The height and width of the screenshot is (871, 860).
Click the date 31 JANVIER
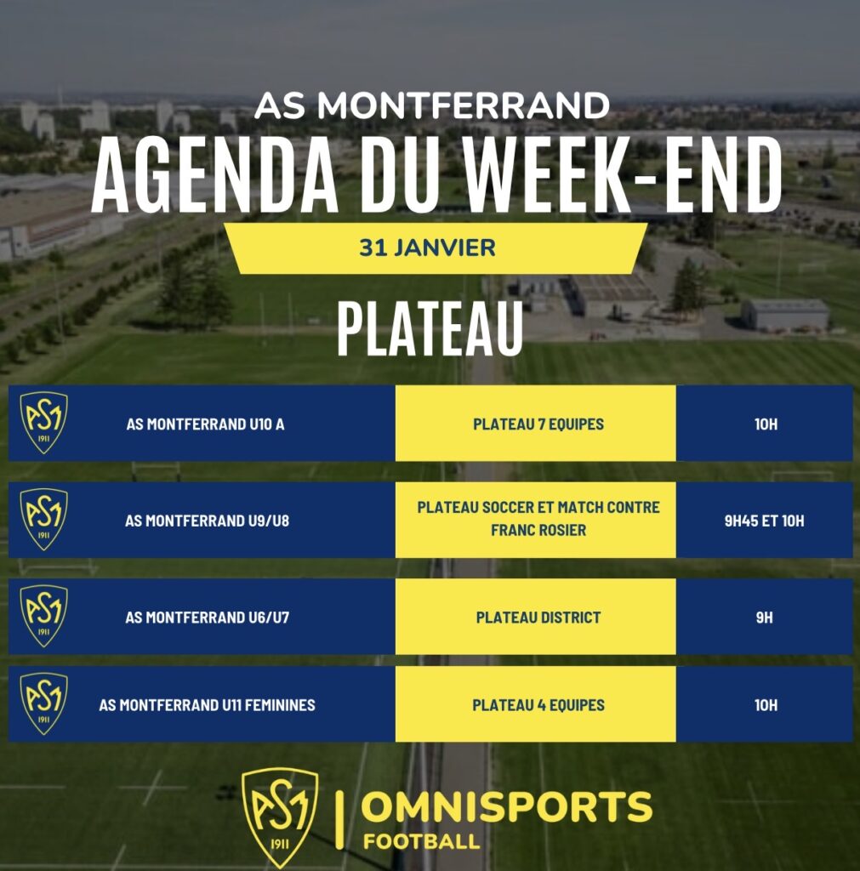pyautogui.click(x=427, y=248)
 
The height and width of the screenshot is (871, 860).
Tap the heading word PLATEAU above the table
pyautogui.click(x=430, y=329)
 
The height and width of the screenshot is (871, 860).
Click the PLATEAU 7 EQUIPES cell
pyautogui.click(x=538, y=424)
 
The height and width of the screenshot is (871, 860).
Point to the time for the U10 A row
pyautogui.click(x=766, y=424)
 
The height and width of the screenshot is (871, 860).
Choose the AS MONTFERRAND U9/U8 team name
pyautogui.click(x=207, y=521)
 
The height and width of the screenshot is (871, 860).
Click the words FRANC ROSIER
pyautogui.click(x=538, y=531)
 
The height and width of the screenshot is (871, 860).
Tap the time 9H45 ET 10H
pyautogui.click(x=764, y=521)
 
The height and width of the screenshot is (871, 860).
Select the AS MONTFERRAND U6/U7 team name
pyautogui.click(x=207, y=618)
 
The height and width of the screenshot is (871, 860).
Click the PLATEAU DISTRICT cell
pyautogui.click(x=538, y=618)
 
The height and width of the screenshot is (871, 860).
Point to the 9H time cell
pyautogui.click(x=765, y=618)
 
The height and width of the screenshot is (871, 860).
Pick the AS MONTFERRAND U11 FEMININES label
pyautogui.click(x=207, y=705)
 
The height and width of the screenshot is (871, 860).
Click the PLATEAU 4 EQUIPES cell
pyautogui.click(x=538, y=705)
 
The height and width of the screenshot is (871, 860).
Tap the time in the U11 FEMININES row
pyautogui.click(x=766, y=705)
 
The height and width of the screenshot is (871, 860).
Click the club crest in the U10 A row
pyautogui.click(x=44, y=422)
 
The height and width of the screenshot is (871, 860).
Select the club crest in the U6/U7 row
pyautogui.click(x=44, y=616)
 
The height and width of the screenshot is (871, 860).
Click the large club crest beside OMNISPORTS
pyautogui.click(x=280, y=817)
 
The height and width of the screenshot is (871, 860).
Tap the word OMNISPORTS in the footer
pyautogui.click(x=507, y=807)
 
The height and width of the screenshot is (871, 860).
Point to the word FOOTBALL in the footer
pyautogui.click(x=421, y=841)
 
